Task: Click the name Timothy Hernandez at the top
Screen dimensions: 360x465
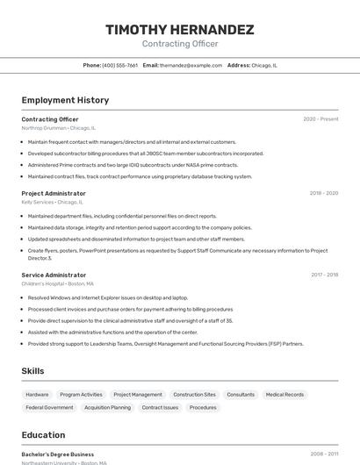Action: pyautogui.click(x=180, y=30)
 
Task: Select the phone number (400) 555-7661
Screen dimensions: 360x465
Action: pyautogui.click(x=120, y=65)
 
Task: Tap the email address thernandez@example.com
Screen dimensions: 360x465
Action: pyautogui.click(x=191, y=65)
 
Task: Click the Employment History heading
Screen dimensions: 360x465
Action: pyautogui.click(x=65, y=100)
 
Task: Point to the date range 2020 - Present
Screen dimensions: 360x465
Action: pyautogui.click(x=320, y=119)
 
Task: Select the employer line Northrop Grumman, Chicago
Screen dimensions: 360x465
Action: pyautogui.click(x=59, y=128)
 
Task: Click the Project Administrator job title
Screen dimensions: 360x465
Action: pyautogui.click(x=54, y=193)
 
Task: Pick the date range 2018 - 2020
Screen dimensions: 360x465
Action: pyautogui.click(x=323, y=193)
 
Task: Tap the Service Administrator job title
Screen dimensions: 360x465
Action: pyautogui.click(x=54, y=275)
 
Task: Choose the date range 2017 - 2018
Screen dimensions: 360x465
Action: pyautogui.click(x=324, y=275)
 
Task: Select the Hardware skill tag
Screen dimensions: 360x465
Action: pyautogui.click(x=38, y=395)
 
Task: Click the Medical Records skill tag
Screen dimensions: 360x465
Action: pyautogui.click(x=284, y=395)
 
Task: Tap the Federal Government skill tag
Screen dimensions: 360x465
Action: pyautogui.click(x=49, y=407)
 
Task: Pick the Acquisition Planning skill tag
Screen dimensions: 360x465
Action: pyautogui.click(x=107, y=407)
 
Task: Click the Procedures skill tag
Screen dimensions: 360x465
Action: pyautogui.click(x=203, y=407)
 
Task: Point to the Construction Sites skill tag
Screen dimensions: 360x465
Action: pyautogui.click(x=194, y=395)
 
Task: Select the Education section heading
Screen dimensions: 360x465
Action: pyautogui.click(x=43, y=435)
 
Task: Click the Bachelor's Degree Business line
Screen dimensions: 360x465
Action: pyautogui.click(x=58, y=454)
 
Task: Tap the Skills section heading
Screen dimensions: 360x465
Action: pyautogui.click(x=33, y=371)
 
